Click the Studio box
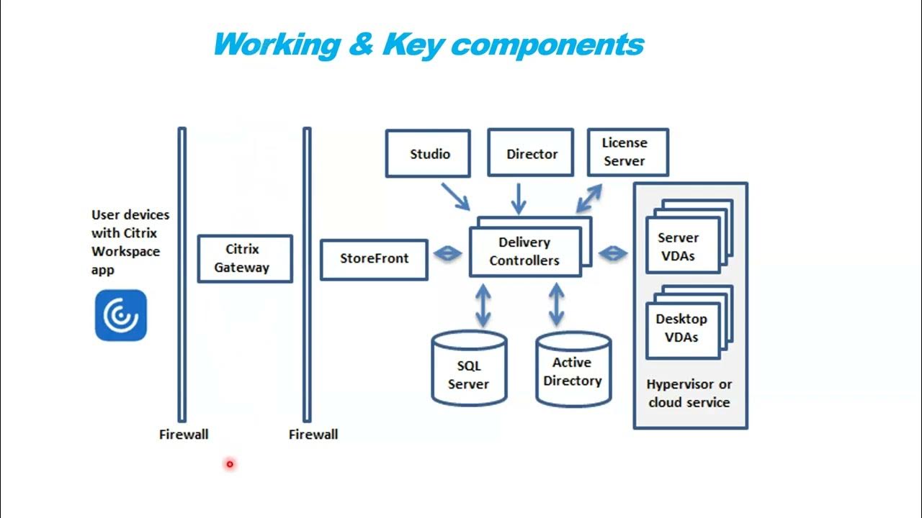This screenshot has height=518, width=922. click(429, 153)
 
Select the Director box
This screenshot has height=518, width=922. click(531, 153)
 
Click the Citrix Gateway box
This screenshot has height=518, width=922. click(244, 258)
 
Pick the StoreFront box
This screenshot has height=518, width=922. click(374, 258)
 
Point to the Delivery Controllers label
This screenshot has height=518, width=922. click(524, 252)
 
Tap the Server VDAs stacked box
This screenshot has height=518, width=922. click(682, 247)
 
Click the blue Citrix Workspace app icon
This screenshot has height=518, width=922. click(121, 315)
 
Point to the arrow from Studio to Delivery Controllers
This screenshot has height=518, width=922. click(456, 196)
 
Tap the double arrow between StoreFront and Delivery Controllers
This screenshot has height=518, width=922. click(447, 253)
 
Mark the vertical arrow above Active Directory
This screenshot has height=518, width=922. click(556, 304)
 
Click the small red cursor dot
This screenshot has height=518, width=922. click(230, 464)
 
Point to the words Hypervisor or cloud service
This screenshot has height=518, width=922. click(689, 394)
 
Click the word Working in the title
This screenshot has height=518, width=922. click(276, 45)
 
